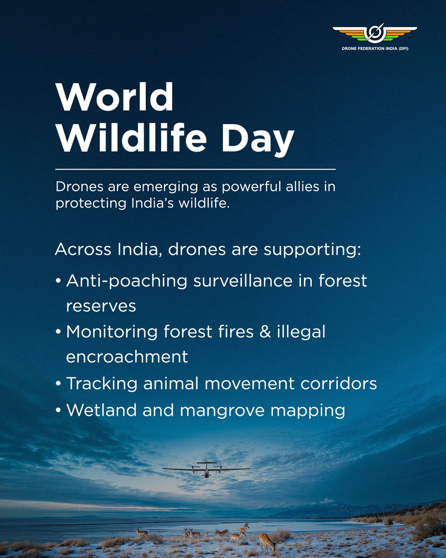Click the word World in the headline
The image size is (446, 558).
pos(114,98)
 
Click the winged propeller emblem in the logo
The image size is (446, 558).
pos(374,33)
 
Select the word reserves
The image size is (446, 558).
pos(101,306)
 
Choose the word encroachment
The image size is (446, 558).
pos(127,357)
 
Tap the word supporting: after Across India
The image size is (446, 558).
pos(312,250)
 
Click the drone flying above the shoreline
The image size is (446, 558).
pos(206,469)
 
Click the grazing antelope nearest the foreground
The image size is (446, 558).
pos(267,541)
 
